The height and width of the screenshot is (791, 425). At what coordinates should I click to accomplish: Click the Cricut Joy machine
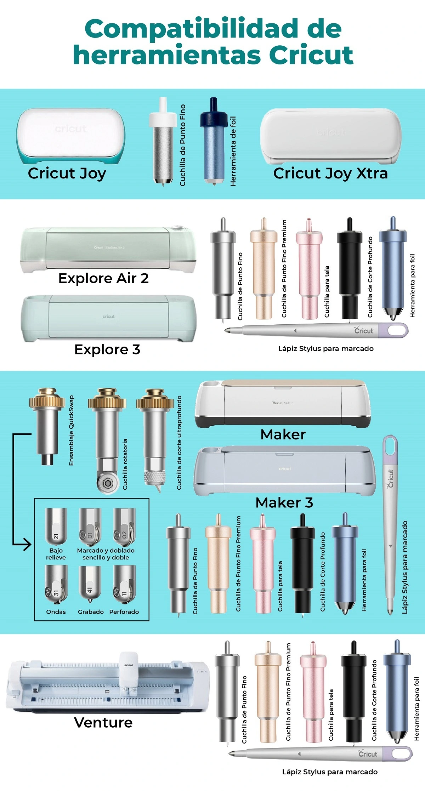pyautogui.click(x=70, y=136)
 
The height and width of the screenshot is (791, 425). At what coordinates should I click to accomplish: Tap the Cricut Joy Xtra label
pyautogui.click(x=330, y=173)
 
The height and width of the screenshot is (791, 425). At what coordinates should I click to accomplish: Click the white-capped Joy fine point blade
pyautogui.click(x=163, y=141)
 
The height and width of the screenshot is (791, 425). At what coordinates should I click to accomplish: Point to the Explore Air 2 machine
pyautogui.click(x=108, y=250)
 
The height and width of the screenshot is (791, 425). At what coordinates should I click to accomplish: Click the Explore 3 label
pyautogui.click(x=107, y=349)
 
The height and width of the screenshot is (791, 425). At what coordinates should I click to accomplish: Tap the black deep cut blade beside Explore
pyautogui.click(x=350, y=269)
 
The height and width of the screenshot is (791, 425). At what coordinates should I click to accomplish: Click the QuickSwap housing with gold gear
pyautogui.click(x=47, y=426)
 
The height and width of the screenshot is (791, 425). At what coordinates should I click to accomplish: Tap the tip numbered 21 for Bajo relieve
pyautogui.click(x=56, y=526)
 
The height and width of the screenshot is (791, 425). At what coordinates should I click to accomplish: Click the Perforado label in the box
pyautogui.click(x=124, y=612)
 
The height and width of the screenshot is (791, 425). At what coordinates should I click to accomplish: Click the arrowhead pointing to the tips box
pyautogui.click(x=27, y=544)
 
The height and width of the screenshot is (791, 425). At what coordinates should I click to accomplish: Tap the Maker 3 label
pyautogui.click(x=284, y=502)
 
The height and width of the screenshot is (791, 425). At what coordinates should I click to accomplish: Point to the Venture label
pyautogui.click(x=103, y=723)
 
